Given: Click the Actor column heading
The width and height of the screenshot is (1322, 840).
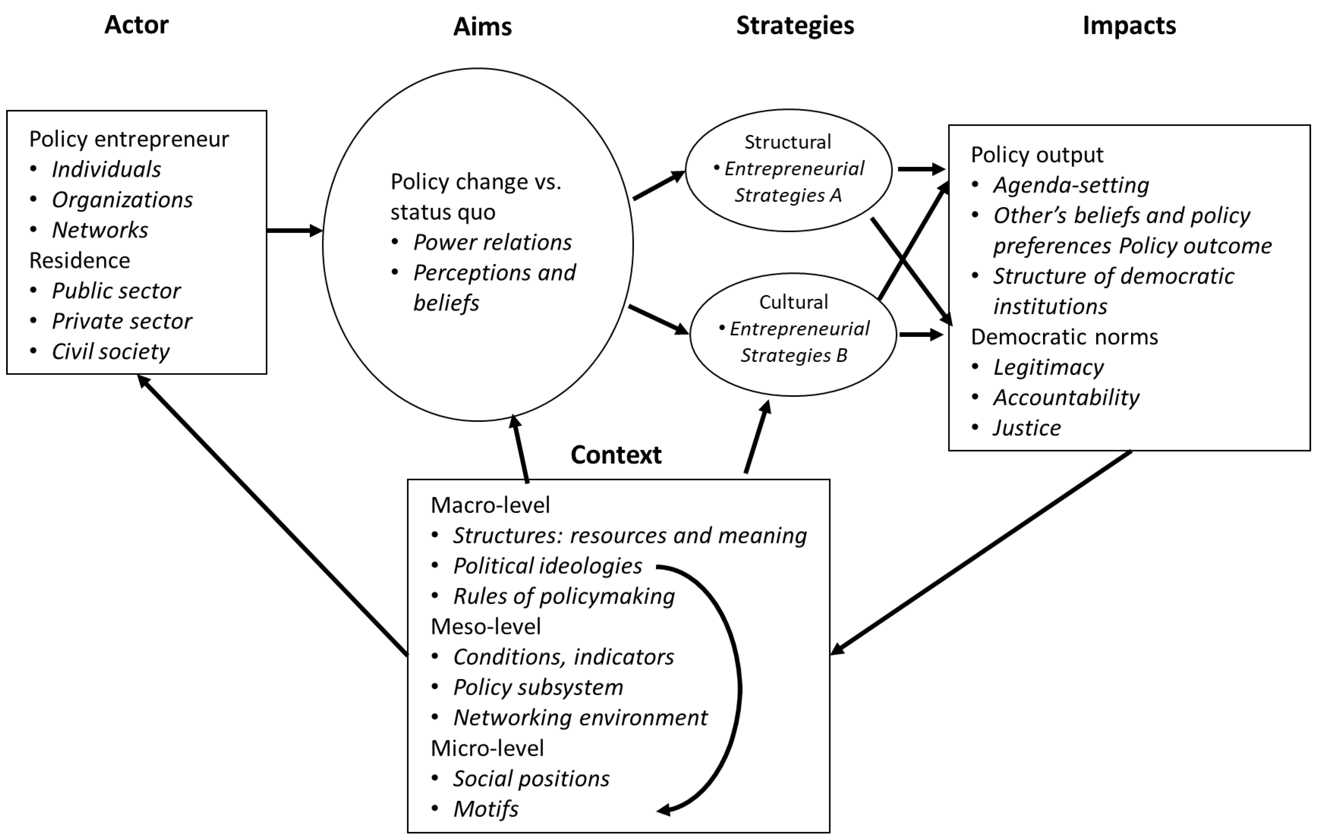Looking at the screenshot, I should (x=136, y=25).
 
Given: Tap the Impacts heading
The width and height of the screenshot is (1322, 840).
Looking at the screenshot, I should (x=1129, y=26).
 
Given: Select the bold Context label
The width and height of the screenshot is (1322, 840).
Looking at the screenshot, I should (x=616, y=455).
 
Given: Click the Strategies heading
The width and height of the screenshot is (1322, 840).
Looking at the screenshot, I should (x=795, y=26).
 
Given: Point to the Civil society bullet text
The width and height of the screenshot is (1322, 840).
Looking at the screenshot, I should (x=111, y=352).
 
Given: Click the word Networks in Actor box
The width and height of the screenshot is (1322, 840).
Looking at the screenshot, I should (x=100, y=230).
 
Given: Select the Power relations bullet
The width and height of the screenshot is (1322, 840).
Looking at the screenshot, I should (x=492, y=242).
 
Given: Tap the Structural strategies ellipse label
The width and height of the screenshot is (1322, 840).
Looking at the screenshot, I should (x=788, y=142).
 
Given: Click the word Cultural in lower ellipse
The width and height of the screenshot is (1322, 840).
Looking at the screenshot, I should (x=793, y=302).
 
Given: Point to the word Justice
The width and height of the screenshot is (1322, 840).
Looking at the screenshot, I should (x=1027, y=428).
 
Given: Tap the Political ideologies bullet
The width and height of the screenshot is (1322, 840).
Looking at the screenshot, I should (x=547, y=566).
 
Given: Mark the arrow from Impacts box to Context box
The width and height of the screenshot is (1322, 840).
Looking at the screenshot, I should (x=983, y=552).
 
